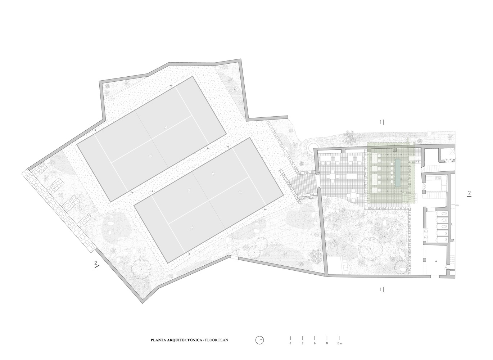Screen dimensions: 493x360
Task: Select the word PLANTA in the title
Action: pos(158,340)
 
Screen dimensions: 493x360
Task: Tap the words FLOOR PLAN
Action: pos(217,340)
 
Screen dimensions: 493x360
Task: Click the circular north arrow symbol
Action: pos(260,340)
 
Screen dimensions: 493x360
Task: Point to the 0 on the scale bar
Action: pos(290,343)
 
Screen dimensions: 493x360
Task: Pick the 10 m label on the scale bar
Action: pos(339,343)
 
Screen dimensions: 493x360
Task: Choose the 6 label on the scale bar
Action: pos(315,343)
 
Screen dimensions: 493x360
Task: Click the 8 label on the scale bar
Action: pos(327,343)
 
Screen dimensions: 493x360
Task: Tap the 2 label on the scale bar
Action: pos(303,343)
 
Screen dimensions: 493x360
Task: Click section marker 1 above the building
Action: pos(382,122)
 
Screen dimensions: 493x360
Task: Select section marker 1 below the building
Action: pos(382,289)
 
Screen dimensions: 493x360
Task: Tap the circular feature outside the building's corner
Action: pos(312,147)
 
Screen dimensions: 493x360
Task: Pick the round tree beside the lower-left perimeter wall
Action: pos(141,269)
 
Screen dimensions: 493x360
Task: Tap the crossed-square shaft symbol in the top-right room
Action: pos(451,152)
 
